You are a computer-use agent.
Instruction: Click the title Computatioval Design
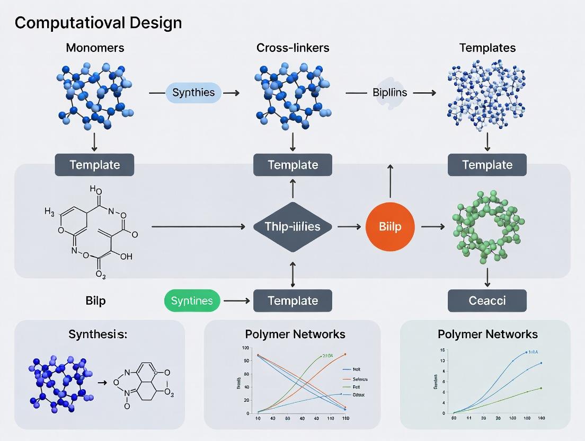click(98, 23)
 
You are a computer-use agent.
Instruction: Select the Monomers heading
click(95, 48)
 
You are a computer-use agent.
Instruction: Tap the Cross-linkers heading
click(292, 48)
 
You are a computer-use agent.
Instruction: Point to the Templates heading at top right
click(487, 48)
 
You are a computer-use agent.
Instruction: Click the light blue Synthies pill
click(193, 92)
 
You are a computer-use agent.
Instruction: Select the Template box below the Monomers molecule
click(95, 165)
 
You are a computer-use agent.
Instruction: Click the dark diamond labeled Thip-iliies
click(292, 227)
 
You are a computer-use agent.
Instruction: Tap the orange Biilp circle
click(390, 227)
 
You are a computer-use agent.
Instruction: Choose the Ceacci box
click(487, 301)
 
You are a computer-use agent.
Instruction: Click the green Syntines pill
click(192, 301)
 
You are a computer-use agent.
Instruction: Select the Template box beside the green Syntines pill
click(292, 301)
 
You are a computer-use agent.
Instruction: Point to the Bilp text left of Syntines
click(95, 301)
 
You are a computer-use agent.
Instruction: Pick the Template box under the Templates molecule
click(487, 165)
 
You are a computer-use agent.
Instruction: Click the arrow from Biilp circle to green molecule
click(432, 227)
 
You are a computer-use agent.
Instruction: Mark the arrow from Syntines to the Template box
click(236, 301)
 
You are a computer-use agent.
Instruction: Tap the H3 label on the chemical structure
click(49, 212)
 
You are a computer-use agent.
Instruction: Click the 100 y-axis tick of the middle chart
click(245, 348)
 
